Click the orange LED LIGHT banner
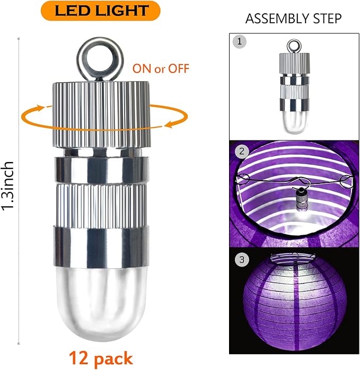point(101,11)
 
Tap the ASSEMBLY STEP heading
point(293,19)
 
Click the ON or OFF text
point(161,68)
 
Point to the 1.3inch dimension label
point(8,185)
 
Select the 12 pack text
point(101,358)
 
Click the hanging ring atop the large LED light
point(100,58)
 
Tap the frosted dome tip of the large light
point(101,304)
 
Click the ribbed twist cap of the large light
point(101,114)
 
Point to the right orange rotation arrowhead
point(169,124)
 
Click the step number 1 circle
point(239,41)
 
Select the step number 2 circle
point(241,151)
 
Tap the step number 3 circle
point(242,260)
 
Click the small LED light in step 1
point(294,87)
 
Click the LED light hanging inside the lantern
point(301,198)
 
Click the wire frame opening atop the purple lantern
point(293,257)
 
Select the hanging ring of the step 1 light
point(294,46)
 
